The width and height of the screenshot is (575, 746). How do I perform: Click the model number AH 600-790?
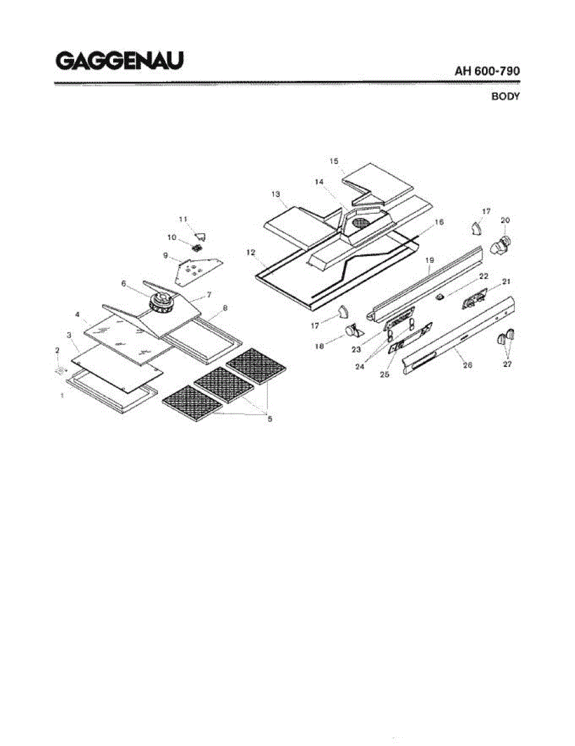tap(487, 71)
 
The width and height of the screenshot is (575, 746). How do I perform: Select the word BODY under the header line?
tap(505, 96)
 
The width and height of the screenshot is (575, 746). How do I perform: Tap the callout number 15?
tap(334, 162)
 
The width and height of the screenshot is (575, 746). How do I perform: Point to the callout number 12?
tap(251, 252)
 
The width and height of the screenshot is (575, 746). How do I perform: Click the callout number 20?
tap(505, 220)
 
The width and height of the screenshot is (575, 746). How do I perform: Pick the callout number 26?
tap(467, 365)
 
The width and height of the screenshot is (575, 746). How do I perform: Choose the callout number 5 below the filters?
tap(270, 419)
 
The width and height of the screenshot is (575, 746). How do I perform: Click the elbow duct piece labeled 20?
tap(501, 245)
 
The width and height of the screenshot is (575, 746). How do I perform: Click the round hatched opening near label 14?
tap(361, 222)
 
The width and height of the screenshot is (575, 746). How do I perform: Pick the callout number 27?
tap(507, 364)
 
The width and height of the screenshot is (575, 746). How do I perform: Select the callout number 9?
tap(166, 255)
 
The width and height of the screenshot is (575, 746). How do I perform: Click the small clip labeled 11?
tap(200, 236)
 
